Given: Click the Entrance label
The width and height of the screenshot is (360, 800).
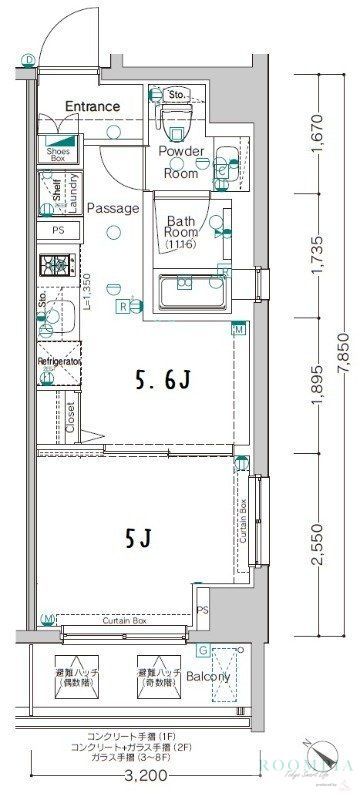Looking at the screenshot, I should click(x=92, y=106).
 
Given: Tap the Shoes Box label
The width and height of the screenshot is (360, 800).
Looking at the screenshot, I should click(x=57, y=154).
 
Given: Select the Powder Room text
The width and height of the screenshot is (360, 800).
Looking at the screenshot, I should click(x=183, y=161).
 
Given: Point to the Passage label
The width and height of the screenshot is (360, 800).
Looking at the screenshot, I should click(x=111, y=208).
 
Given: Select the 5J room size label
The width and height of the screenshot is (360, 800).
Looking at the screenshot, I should click(x=138, y=539).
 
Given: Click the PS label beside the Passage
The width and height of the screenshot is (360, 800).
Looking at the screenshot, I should click(x=57, y=230).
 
